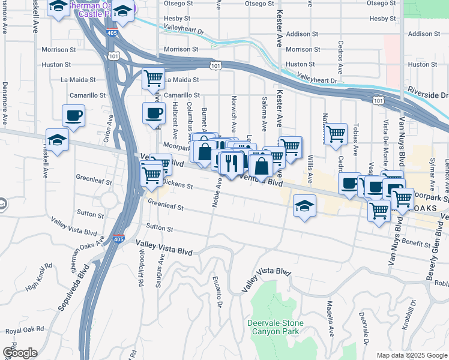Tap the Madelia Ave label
(x=330, y=318)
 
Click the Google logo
(x=19, y=353)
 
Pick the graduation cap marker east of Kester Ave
(x=304, y=206)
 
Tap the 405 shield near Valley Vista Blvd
(x=119, y=239)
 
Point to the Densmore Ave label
(x=5, y=102)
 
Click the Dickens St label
(x=177, y=185)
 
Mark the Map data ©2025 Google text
(x=411, y=355)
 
